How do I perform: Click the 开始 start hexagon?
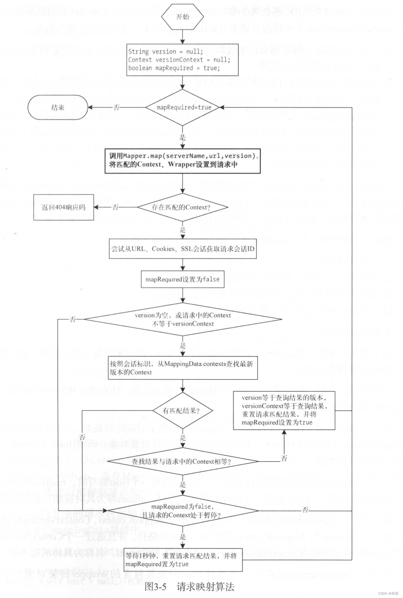(x=182, y=17)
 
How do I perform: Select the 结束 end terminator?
(x=58, y=107)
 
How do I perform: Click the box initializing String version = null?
(x=182, y=60)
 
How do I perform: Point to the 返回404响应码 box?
(x=64, y=207)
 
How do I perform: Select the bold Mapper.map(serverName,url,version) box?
(x=182, y=161)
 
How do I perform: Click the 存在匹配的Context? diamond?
(x=182, y=207)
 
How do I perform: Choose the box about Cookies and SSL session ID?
(x=182, y=249)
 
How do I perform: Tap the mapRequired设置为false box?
(x=182, y=279)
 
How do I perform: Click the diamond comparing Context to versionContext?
(x=182, y=319)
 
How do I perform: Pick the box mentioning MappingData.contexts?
(x=182, y=368)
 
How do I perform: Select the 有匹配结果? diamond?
(x=182, y=411)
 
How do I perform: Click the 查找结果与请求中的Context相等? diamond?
(x=182, y=462)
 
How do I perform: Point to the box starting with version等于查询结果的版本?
(x=284, y=410)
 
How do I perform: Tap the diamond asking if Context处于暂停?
(x=182, y=511)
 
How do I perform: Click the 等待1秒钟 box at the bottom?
(x=182, y=560)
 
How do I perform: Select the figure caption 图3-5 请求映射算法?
(x=189, y=587)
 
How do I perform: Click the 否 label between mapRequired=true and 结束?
(x=116, y=107)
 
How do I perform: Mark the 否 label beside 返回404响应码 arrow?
(x=115, y=207)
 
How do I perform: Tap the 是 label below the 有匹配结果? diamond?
(x=183, y=438)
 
